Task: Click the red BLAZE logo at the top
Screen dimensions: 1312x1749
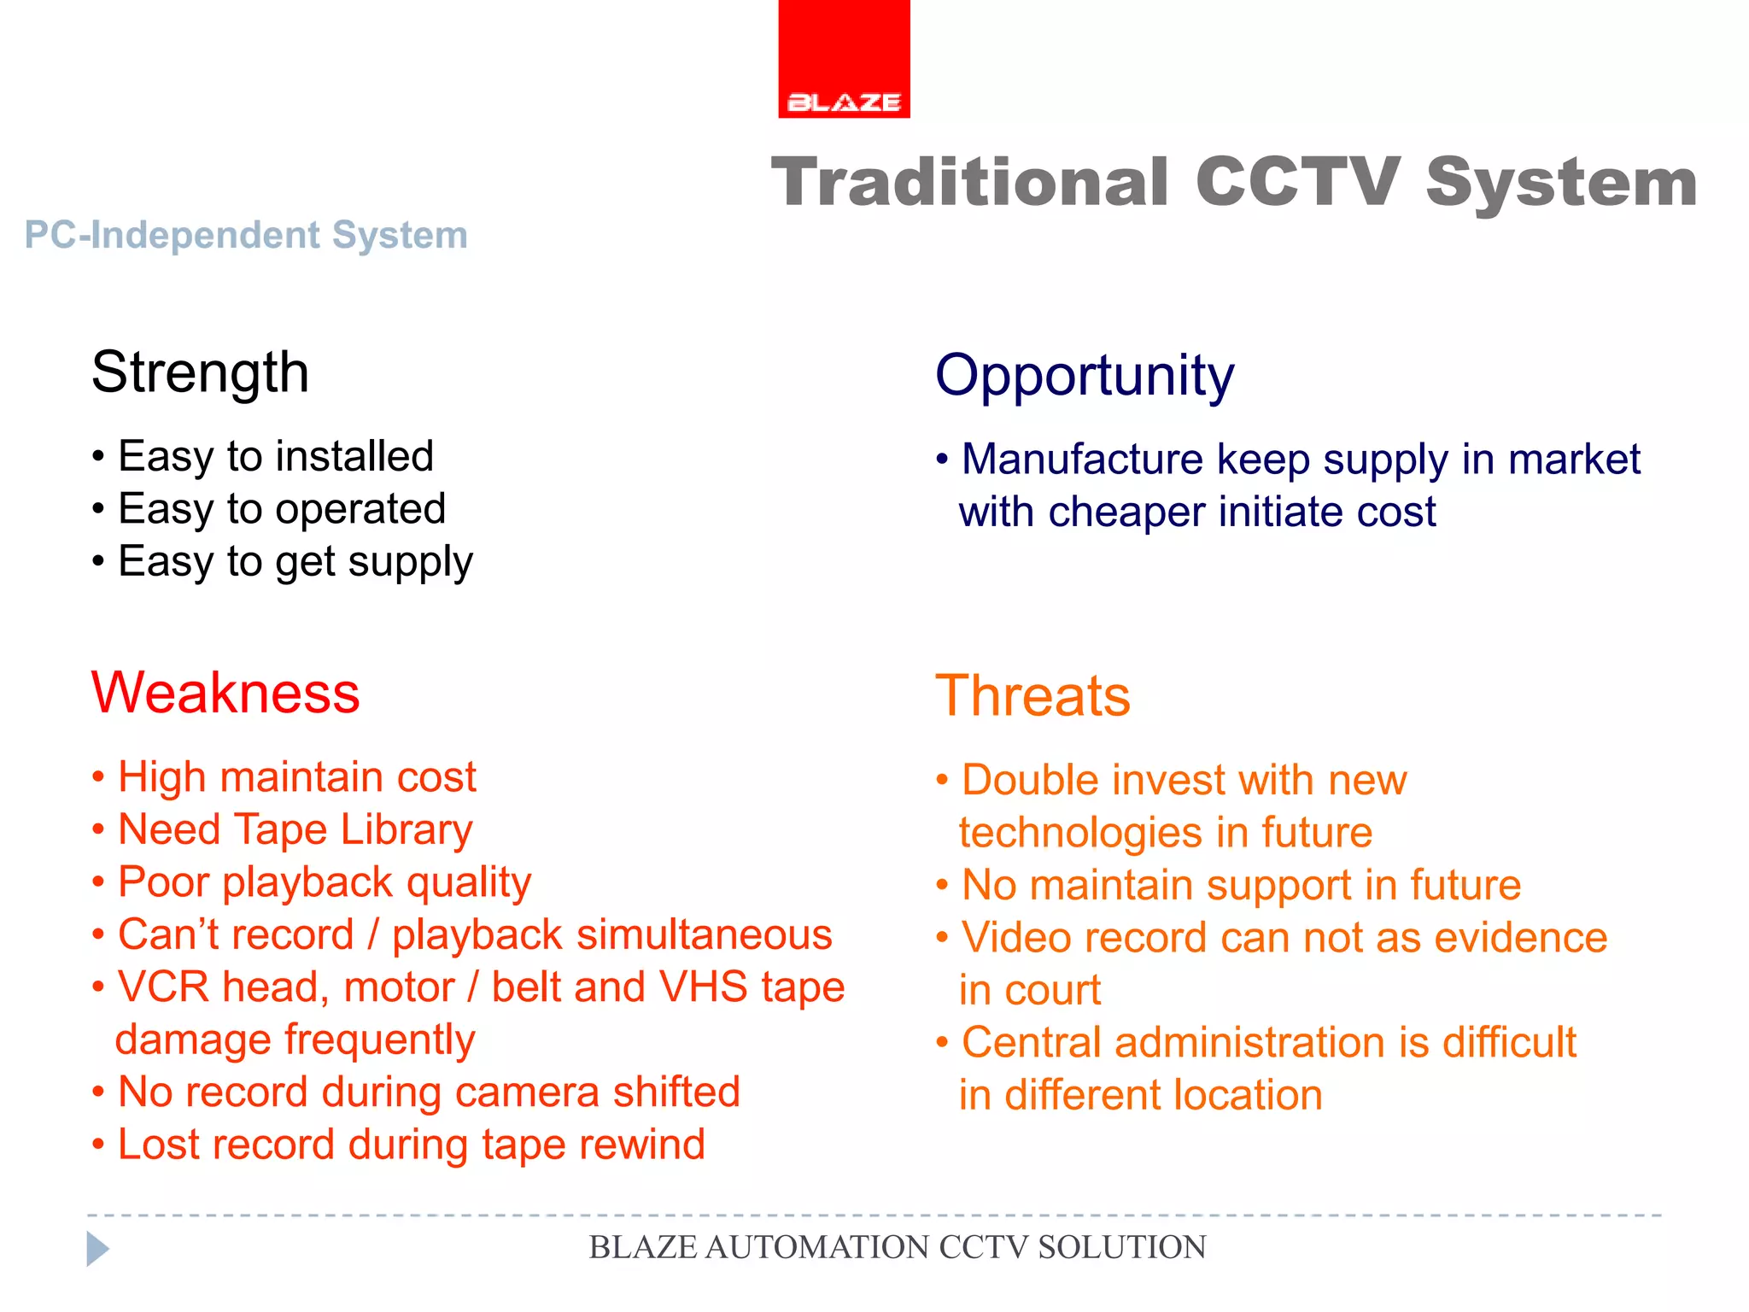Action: pos(844,60)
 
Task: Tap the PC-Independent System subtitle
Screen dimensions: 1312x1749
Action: pos(246,235)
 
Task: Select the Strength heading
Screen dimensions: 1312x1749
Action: pos(200,373)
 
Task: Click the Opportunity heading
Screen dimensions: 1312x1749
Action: pos(1085,376)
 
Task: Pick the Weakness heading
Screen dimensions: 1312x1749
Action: pos(225,693)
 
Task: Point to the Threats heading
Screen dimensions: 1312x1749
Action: pos(1032,696)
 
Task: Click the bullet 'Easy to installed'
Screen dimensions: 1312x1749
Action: pos(275,456)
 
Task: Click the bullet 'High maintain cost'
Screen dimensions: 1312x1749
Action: pos(296,777)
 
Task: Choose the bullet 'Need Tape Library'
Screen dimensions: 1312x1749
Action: pos(295,830)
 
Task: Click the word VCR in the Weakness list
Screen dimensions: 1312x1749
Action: pos(163,987)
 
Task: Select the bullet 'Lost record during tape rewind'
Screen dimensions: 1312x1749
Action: pos(411,1145)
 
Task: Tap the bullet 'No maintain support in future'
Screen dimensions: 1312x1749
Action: pos(1240,885)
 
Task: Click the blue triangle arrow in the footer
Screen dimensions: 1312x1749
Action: pos(97,1249)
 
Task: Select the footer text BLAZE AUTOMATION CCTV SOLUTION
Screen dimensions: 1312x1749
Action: pos(897,1248)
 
